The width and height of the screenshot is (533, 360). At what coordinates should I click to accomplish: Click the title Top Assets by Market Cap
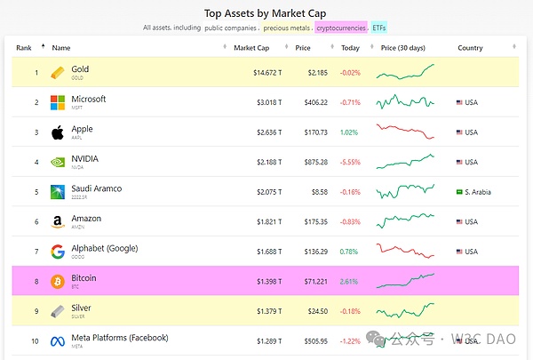pyautogui.click(x=266, y=13)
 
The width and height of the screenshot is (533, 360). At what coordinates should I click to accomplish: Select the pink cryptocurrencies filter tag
pyautogui.click(x=340, y=28)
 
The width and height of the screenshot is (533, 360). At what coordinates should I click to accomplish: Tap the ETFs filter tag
pyautogui.click(x=378, y=28)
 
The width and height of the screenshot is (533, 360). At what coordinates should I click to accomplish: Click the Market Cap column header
pyautogui.click(x=251, y=47)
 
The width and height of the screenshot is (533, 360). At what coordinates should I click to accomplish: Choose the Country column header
pyautogui.click(x=470, y=47)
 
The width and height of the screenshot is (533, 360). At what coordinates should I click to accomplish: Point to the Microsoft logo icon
pyautogui.click(x=58, y=102)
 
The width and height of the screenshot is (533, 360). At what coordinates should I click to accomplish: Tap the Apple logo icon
pyautogui.click(x=58, y=132)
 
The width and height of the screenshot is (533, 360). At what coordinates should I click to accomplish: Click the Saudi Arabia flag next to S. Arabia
pyautogui.click(x=459, y=192)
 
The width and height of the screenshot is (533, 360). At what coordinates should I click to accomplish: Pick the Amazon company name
pyautogui.click(x=87, y=219)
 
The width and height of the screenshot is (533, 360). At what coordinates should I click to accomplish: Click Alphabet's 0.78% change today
pyautogui.click(x=350, y=252)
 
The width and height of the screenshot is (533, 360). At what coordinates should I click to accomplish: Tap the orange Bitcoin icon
pyautogui.click(x=58, y=281)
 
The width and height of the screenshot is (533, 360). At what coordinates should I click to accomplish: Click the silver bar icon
pyautogui.click(x=58, y=311)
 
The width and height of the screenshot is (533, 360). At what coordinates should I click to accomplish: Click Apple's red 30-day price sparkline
pyautogui.click(x=405, y=132)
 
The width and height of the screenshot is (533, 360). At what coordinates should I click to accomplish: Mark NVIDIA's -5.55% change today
pyautogui.click(x=350, y=162)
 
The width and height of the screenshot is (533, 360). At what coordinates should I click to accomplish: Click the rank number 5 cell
pyautogui.click(x=36, y=192)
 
